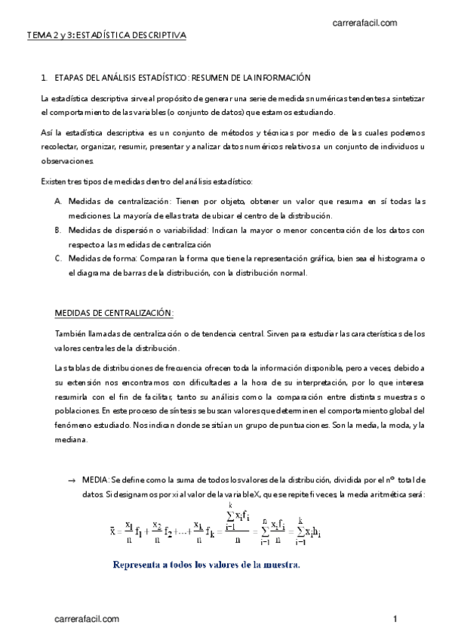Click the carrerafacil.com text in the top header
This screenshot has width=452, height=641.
coord(364,23)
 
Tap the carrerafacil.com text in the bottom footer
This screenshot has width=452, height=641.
coord(87,619)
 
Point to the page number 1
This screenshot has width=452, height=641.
coord(395,619)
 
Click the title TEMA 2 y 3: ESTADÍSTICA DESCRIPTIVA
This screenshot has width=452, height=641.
coord(106,36)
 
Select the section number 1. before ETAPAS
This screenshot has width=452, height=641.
coord(45,77)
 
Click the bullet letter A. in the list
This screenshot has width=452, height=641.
coord(59,201)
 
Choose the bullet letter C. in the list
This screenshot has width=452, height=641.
coord(59,259)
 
